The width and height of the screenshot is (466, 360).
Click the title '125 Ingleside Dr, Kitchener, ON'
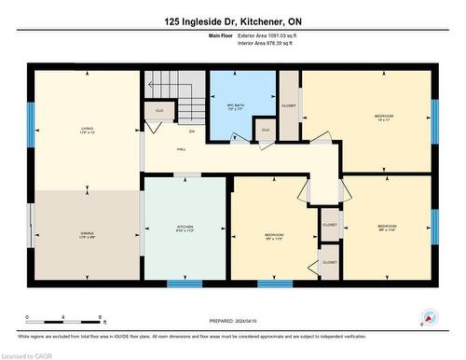click(x=233, y=21)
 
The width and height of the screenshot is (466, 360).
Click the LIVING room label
click(x=87, y=131)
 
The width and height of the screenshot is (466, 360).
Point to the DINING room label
click(x=87, y=235)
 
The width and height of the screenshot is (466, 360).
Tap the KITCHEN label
click(x=185, y=228)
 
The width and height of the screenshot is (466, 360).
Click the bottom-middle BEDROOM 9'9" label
click(x=274, y=236)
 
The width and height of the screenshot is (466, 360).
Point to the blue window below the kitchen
click(x=185, y=283)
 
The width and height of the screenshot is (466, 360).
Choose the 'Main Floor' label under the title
click(x=221, y=36)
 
